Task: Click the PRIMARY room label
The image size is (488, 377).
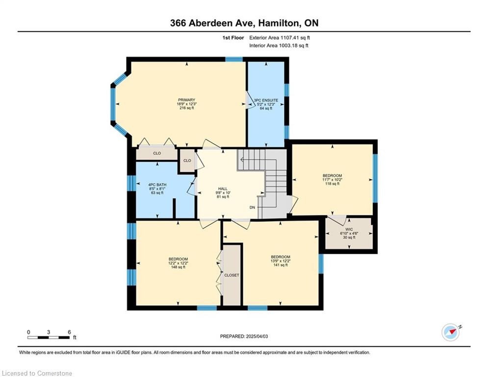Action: (x=186, y=100)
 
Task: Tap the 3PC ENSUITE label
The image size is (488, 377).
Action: (x=266, y=100)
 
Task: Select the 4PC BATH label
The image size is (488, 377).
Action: (x=157, y=185)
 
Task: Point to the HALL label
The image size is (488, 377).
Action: (x=223, y=189)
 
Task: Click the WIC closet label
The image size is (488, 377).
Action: (x=349, y=229)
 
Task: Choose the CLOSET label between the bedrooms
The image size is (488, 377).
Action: (x=232, y=275)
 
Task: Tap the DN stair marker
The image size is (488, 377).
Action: (x=252, y=207)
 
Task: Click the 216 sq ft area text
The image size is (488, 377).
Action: (x=187, y=108)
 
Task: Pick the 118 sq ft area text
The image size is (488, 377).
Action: (x=333, y=184)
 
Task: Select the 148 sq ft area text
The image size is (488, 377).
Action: (x=179, y=267)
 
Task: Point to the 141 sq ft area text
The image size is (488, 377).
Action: (x=281, y=265)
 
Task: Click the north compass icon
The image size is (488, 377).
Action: (x=451, y=332)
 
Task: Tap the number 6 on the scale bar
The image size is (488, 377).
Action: (x=70, y=332)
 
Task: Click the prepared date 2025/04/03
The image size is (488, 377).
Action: (x=257, y=336)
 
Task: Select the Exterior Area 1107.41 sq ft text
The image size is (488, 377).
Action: (x=280, y=38)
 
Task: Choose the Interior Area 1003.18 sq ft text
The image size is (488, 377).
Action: (x=279, y=46)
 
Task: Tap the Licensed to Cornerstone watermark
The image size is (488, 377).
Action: (x=37, y=373)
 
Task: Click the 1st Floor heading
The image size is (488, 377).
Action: (x=233, y=38)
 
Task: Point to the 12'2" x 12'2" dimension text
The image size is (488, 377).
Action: (x=179, y=263)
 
